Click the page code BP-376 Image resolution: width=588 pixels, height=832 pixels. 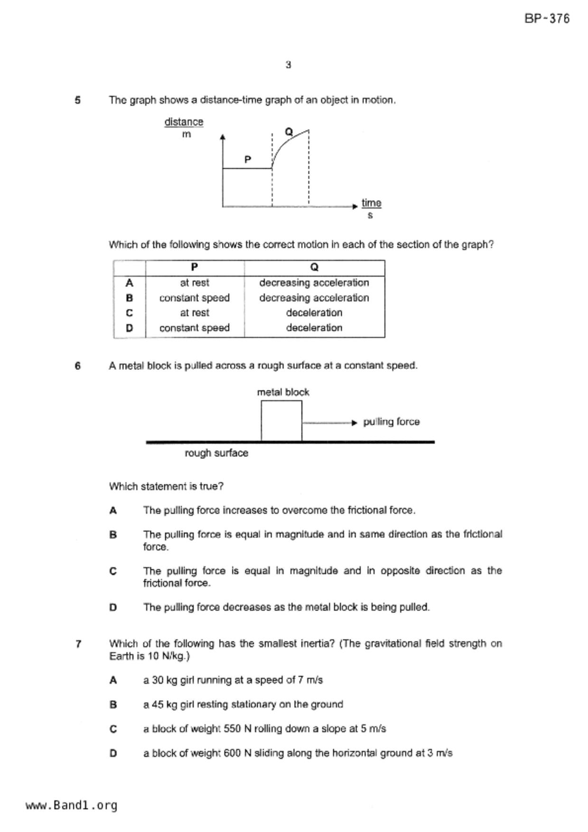(x=547, y=19)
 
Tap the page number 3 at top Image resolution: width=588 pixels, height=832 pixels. (x=288, y=65)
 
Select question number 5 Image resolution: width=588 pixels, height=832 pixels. (x=78, y=100)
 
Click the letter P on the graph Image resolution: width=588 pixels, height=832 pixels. (x=248, y=160)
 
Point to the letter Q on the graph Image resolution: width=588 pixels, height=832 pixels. (x=289, y=131)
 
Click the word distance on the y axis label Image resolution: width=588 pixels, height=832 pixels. (x=184, y=122)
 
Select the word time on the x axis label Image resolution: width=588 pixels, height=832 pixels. (x=371, y=203)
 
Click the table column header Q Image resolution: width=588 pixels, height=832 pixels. (x=314, y=268)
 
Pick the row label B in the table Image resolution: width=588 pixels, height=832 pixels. (x=129, y=298)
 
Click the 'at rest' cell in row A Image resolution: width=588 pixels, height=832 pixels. (x=195, y=283)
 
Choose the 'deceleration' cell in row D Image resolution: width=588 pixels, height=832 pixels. (x=314, y=328)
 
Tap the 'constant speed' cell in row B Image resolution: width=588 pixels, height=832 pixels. (x=195, y=298)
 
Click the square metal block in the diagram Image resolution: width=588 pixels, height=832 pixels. (x=281, y=421)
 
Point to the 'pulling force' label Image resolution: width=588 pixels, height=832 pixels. (x=391, y=422)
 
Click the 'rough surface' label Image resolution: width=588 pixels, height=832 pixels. (x=216, y=453)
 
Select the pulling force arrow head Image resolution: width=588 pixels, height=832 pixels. (x=354, y=423)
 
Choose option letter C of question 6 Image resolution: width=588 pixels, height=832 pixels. (x=113, y=571)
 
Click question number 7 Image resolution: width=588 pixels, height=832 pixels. (x=78, y=644)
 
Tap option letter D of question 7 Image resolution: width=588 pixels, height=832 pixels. (x=113, y=753)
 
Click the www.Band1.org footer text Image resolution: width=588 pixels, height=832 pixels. (x=71, y=805)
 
